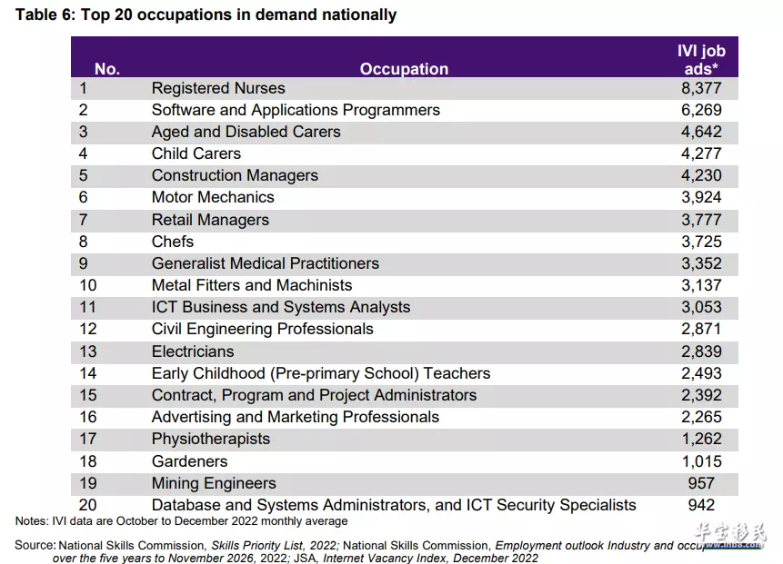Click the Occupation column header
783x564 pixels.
click(404, 69)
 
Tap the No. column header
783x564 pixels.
click(107, 69)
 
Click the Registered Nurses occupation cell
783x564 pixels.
click(218, 88)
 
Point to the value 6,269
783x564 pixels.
click(701, 110)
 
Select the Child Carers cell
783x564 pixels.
click(196, 153)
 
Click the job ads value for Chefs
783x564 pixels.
click(701, 242)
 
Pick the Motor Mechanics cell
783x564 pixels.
click(213, 197)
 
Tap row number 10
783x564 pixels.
click(88, 285)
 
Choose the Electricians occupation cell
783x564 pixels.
click(193, 351)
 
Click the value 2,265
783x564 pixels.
click(701, 417)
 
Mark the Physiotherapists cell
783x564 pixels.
click(211, 439)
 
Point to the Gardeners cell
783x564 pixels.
click(190, 461)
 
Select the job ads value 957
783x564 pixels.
click(701, 483)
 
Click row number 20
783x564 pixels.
click(88, 505)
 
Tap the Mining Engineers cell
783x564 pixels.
click(214, 483)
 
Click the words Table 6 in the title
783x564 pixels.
click(45, 15)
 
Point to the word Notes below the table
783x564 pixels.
click(31, 521)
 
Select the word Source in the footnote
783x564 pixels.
click(34, 545)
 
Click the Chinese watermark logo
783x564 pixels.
click(730, 532)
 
